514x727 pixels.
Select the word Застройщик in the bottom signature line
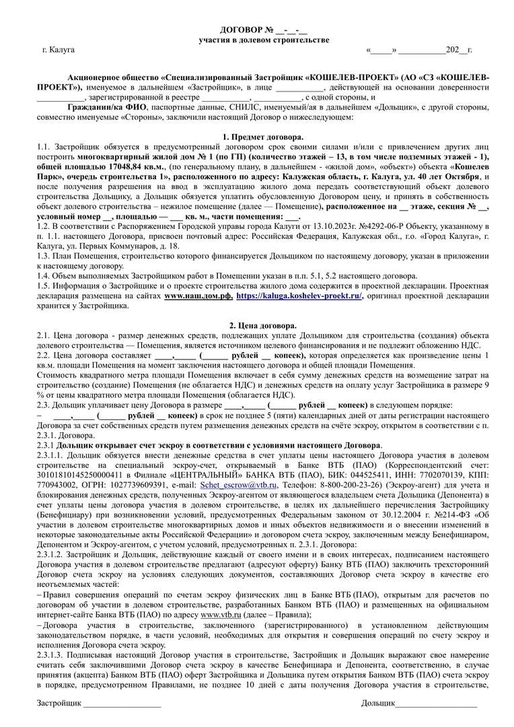pos(59,703)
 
